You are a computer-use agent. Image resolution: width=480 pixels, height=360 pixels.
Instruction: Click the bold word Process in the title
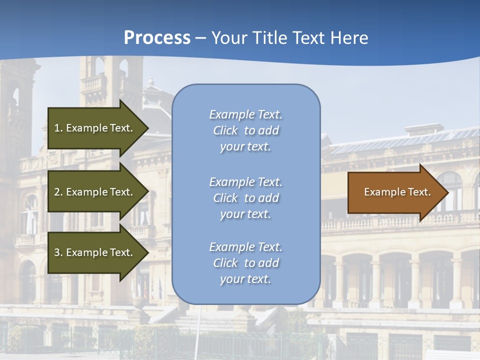157,38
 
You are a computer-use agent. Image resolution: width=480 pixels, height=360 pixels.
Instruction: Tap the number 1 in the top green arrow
57,128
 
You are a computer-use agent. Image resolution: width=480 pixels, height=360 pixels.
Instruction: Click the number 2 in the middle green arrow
57,192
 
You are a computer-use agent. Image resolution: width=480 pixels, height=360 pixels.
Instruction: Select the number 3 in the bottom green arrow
57,252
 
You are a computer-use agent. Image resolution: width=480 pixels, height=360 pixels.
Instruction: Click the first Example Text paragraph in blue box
245,130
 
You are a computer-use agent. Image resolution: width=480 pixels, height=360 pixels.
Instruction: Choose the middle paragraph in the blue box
245,198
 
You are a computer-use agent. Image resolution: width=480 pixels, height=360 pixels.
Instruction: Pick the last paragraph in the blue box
245,263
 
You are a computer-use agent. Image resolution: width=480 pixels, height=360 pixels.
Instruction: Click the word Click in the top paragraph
225,130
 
